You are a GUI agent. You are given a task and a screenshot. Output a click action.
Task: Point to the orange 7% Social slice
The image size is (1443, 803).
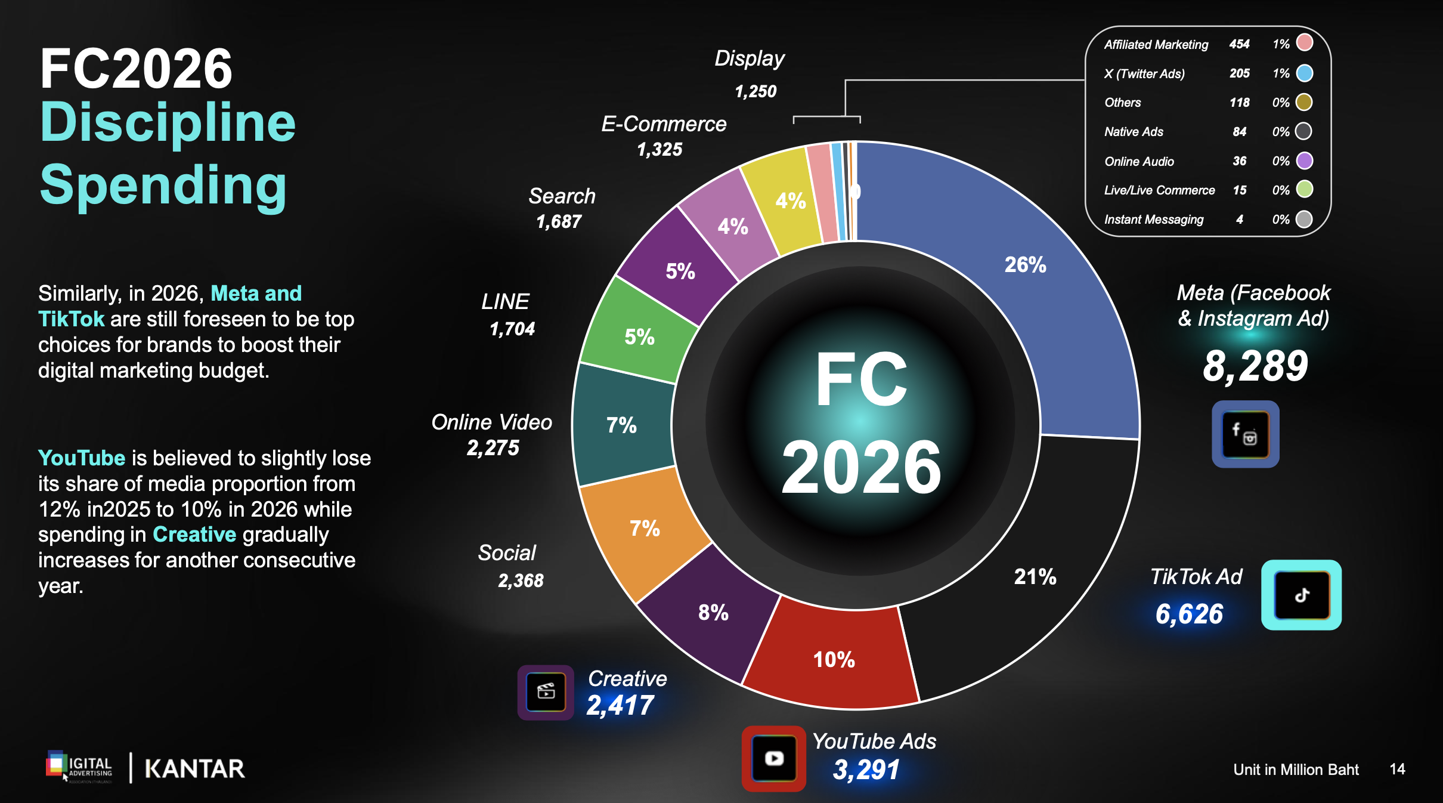point(644,528)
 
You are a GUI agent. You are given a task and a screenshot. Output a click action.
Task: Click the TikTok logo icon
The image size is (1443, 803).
point(1302,595)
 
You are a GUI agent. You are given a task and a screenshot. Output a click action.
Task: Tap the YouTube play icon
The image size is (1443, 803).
point(774,758)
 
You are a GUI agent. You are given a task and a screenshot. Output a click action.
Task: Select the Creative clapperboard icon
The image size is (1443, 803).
point(546,692)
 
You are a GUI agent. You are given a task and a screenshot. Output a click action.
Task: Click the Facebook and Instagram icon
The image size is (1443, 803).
point(1245,434)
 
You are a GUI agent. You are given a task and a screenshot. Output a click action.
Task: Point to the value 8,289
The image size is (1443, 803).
point(1255,366)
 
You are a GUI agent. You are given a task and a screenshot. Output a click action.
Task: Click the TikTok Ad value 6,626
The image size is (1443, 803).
point(1189,614)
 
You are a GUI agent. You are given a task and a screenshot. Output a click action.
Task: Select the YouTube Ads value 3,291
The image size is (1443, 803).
point(866,770)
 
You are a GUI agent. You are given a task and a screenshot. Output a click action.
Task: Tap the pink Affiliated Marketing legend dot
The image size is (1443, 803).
point(1305,43)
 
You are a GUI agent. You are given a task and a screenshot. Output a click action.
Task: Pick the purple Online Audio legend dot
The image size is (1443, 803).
point(1305,160)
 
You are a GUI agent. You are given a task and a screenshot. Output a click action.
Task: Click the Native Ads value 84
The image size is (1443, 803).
point(1240,131)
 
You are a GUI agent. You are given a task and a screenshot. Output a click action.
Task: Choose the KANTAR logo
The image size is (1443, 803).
point(194,769)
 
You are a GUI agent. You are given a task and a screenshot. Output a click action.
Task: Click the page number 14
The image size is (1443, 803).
point(1397,769)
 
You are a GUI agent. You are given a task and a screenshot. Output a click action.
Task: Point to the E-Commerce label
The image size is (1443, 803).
point(664,124)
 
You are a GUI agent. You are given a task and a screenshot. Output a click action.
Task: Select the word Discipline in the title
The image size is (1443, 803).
point(168,122)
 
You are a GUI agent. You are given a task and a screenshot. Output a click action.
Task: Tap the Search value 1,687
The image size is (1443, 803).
point(559,221)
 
